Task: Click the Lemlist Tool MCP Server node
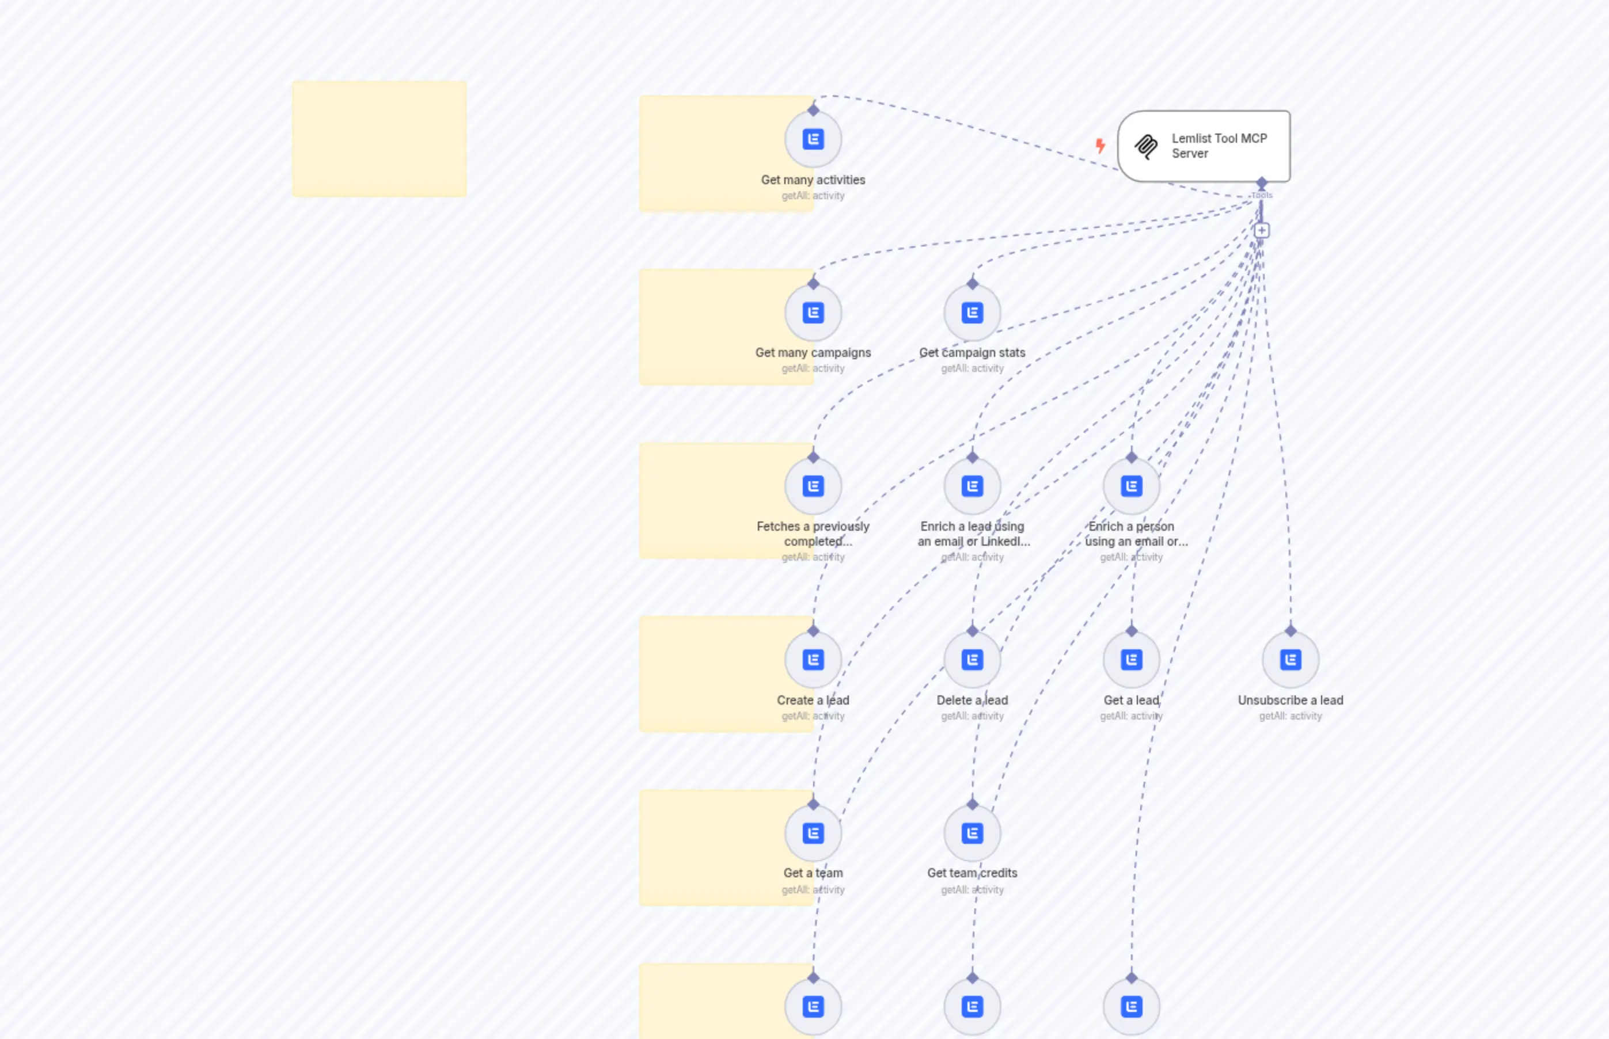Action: (1204, 146)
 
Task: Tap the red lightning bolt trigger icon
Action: (1100, 146)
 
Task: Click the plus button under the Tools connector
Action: (1261, 231)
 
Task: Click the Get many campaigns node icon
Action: (813, 313)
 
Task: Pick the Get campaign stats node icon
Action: (972, 313)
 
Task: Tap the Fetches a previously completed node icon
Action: (813, 486)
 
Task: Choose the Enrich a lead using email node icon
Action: (972, 486)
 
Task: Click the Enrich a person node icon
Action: (1131, 486)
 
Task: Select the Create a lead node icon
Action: (813, 660)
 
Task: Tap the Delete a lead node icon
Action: (972, 660)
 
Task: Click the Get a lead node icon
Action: (1131, 660)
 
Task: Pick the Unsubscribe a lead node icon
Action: (1291, 660)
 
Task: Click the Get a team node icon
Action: (813, 834)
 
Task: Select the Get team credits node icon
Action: (972, 834)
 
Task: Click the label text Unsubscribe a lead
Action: (1291, 701)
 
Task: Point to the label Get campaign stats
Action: (972, 353)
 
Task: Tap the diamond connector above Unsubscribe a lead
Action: (1291, 631)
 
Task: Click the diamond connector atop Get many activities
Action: (813, 110)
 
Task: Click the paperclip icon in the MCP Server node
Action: (1146, 146)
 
